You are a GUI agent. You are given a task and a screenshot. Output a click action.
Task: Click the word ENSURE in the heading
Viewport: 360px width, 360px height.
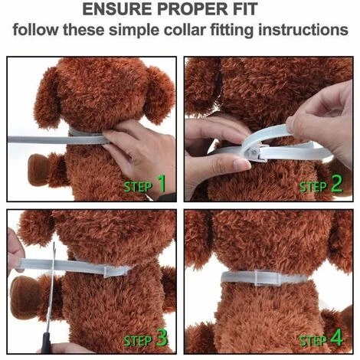[117, 9]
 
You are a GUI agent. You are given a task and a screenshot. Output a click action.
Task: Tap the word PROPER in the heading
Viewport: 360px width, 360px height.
[191, 9]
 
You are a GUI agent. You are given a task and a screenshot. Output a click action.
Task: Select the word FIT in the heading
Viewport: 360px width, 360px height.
[244, 9]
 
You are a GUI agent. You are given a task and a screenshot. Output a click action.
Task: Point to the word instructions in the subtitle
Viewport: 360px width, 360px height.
[303, 30]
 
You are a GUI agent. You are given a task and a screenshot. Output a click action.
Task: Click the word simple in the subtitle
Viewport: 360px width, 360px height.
[134, 31]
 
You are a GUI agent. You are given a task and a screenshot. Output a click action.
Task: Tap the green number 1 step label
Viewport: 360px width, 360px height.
[162, 184]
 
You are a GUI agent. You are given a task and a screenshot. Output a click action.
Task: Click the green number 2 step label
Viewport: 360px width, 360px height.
[336, 184]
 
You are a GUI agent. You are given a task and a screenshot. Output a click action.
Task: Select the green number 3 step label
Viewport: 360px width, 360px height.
[162, 338]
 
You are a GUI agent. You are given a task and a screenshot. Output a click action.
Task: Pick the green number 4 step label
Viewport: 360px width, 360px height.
[336, 337]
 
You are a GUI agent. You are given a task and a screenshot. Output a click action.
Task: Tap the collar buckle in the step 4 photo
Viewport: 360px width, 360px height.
[264, 278]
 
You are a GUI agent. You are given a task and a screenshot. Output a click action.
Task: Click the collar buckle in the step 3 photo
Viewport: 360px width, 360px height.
[109, 271]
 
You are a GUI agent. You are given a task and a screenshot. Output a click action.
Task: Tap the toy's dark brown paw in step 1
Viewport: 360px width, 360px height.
[38, 169]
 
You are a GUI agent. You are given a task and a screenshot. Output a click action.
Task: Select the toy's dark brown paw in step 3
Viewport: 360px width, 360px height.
[24, 294]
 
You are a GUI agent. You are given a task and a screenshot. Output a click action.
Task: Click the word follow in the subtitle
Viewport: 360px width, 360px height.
[35, 30]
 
